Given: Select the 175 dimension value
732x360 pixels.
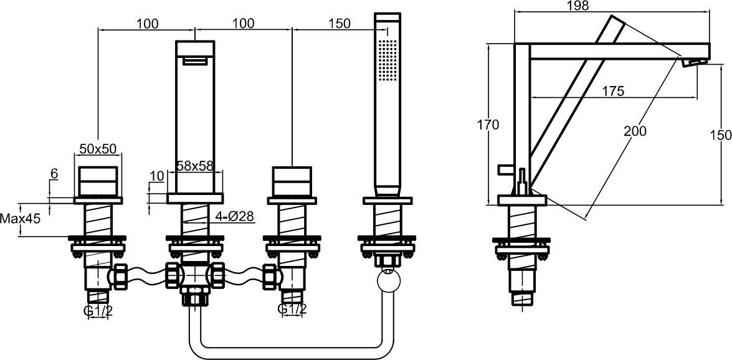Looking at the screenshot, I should pos(613,92).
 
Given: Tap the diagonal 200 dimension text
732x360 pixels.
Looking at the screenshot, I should pos(634,131).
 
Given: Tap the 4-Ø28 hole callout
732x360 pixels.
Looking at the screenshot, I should pos(234,217).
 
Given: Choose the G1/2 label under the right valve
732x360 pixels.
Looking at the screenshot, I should pos(292,309).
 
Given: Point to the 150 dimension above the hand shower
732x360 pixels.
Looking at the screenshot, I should pos(339,24).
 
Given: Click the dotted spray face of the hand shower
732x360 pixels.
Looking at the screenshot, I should pos(386,60).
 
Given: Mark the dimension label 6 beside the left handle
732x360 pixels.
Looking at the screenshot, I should pos(54,175).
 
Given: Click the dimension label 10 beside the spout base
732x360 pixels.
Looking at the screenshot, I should pos(156,176).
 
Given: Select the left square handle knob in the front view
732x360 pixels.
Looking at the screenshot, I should pos(98,181).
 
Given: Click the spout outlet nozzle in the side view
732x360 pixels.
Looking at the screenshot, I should pos(696,62).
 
